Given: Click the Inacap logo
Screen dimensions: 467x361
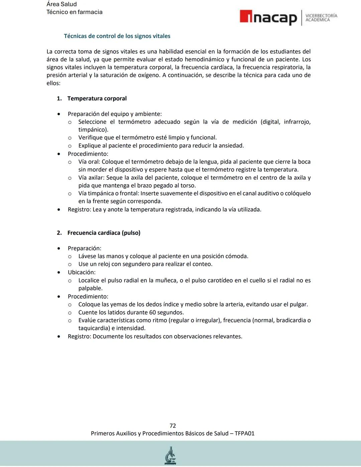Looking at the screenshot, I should coord(268,17).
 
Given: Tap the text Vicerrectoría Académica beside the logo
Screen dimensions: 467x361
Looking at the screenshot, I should coord(321,18).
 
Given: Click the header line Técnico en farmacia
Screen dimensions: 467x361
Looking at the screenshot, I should coord(74,12).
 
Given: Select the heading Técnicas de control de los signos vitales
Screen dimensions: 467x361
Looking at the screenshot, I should coord(117,36).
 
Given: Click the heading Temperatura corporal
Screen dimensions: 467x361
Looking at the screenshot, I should coord(97,99).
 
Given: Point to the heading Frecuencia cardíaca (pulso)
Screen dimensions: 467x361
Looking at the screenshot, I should coord(104,233).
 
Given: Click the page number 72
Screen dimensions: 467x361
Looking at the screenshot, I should coord(172,426).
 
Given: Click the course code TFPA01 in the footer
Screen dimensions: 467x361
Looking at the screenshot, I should coord(244,434).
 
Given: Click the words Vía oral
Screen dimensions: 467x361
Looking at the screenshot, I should coord(89,162).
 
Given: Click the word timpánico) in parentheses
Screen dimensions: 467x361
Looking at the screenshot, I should coord(93,130).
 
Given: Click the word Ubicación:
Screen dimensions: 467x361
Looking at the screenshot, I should coord(82,272).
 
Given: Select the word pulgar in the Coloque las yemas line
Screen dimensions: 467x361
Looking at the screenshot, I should coord(298,305).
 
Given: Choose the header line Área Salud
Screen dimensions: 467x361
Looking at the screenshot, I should coord(62,4).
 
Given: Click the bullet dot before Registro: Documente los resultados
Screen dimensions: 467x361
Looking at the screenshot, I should coord(59,337).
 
